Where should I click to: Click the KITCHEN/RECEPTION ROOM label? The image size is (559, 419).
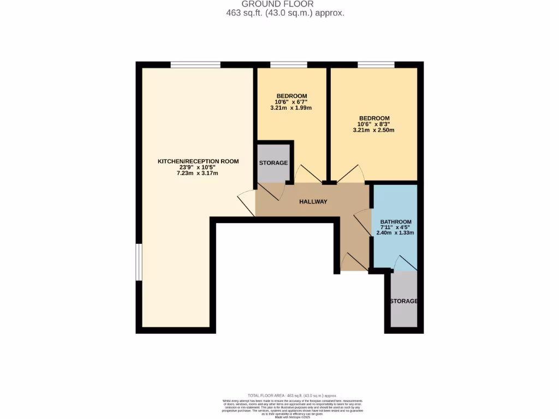click(198, 161)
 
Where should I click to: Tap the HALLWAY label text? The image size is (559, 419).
click(313, 202)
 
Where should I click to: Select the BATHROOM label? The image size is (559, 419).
click(396, 222)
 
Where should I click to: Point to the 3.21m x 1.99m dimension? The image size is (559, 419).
click(291, 108)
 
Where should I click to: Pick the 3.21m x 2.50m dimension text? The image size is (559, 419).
click(374, 130)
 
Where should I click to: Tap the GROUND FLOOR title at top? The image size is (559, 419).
click(285, 4)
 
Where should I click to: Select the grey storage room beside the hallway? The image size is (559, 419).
click(273, 163)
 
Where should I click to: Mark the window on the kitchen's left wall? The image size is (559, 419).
click(139, 262)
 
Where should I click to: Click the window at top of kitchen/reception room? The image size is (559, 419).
click(195, 64)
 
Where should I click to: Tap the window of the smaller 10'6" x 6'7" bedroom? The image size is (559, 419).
click(289, 64)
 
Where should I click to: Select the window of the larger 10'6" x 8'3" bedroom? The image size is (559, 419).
click(376, 64)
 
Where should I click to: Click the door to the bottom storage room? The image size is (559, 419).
click(405, 264)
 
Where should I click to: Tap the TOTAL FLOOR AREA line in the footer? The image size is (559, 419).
click(292, 396)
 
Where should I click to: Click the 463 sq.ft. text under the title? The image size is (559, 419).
click(285, 13)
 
